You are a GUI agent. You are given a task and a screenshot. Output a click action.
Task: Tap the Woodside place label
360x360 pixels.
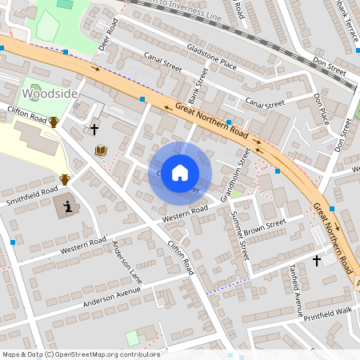click(x=50, y=94)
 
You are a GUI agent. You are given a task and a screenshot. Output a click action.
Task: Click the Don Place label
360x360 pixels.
click(x=322, y=109)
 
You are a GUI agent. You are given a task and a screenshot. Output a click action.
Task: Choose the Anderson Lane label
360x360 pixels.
click(x=126, y=263)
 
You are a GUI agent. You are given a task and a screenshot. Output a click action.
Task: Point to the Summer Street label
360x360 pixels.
click(x=239, y=235)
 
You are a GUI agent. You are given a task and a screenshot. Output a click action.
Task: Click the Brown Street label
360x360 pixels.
click(x=265, y=227)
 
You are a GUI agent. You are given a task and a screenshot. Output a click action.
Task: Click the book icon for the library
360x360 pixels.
click(x=102, y=150)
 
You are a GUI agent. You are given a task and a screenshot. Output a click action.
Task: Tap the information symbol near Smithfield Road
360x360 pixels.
click(x=67, y=208)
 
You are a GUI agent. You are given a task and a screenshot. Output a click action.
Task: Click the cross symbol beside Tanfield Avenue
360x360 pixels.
click(x=317, y=260)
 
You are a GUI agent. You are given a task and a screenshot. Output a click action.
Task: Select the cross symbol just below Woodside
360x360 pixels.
click(x=94, y=129)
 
